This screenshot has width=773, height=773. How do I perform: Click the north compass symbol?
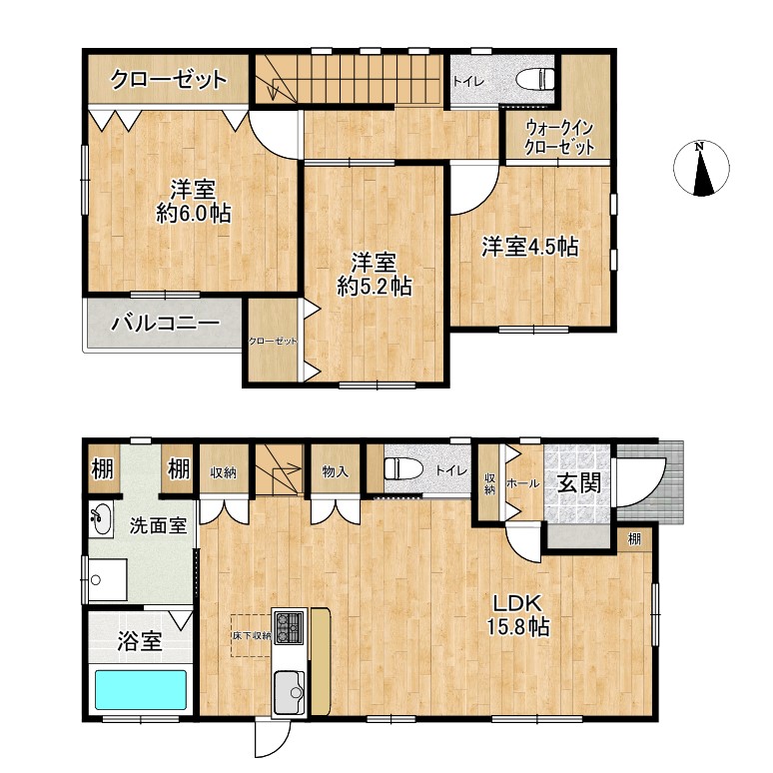[x=700, y=168]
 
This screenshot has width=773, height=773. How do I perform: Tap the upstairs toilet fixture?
[x=535, y=79]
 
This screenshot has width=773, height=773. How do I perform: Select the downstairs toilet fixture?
[x=403, y=467]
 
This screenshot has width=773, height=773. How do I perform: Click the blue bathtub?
[x=141, y=689]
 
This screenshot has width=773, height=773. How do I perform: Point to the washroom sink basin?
[x=101, y=519]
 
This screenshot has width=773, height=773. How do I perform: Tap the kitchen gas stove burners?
[x=290, y=627]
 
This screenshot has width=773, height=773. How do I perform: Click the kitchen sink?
[x=290, y=692]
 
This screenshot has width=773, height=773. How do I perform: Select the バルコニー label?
[x=165, y=324]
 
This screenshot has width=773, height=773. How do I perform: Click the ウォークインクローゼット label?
[x=559, y=138]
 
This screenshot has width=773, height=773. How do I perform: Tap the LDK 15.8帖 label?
[x=518, y=615]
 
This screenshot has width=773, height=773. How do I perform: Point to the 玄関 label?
[x=579, y=482]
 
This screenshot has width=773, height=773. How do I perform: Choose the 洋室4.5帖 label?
[x=530, y=247]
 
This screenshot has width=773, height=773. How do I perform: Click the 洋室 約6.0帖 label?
[x=194, y=202]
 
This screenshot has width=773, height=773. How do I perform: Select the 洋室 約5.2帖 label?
[x=375, y=275]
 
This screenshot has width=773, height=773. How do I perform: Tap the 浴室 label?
[x=140, y=641]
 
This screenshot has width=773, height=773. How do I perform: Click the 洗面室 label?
[x=158, y=526]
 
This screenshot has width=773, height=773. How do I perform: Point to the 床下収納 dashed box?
[x=252, y=635]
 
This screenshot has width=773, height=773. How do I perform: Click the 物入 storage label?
[x=336, y=471]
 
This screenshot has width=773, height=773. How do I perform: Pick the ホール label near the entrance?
[x=523, y=483]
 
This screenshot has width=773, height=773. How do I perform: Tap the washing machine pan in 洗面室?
[x=108, y=579]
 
